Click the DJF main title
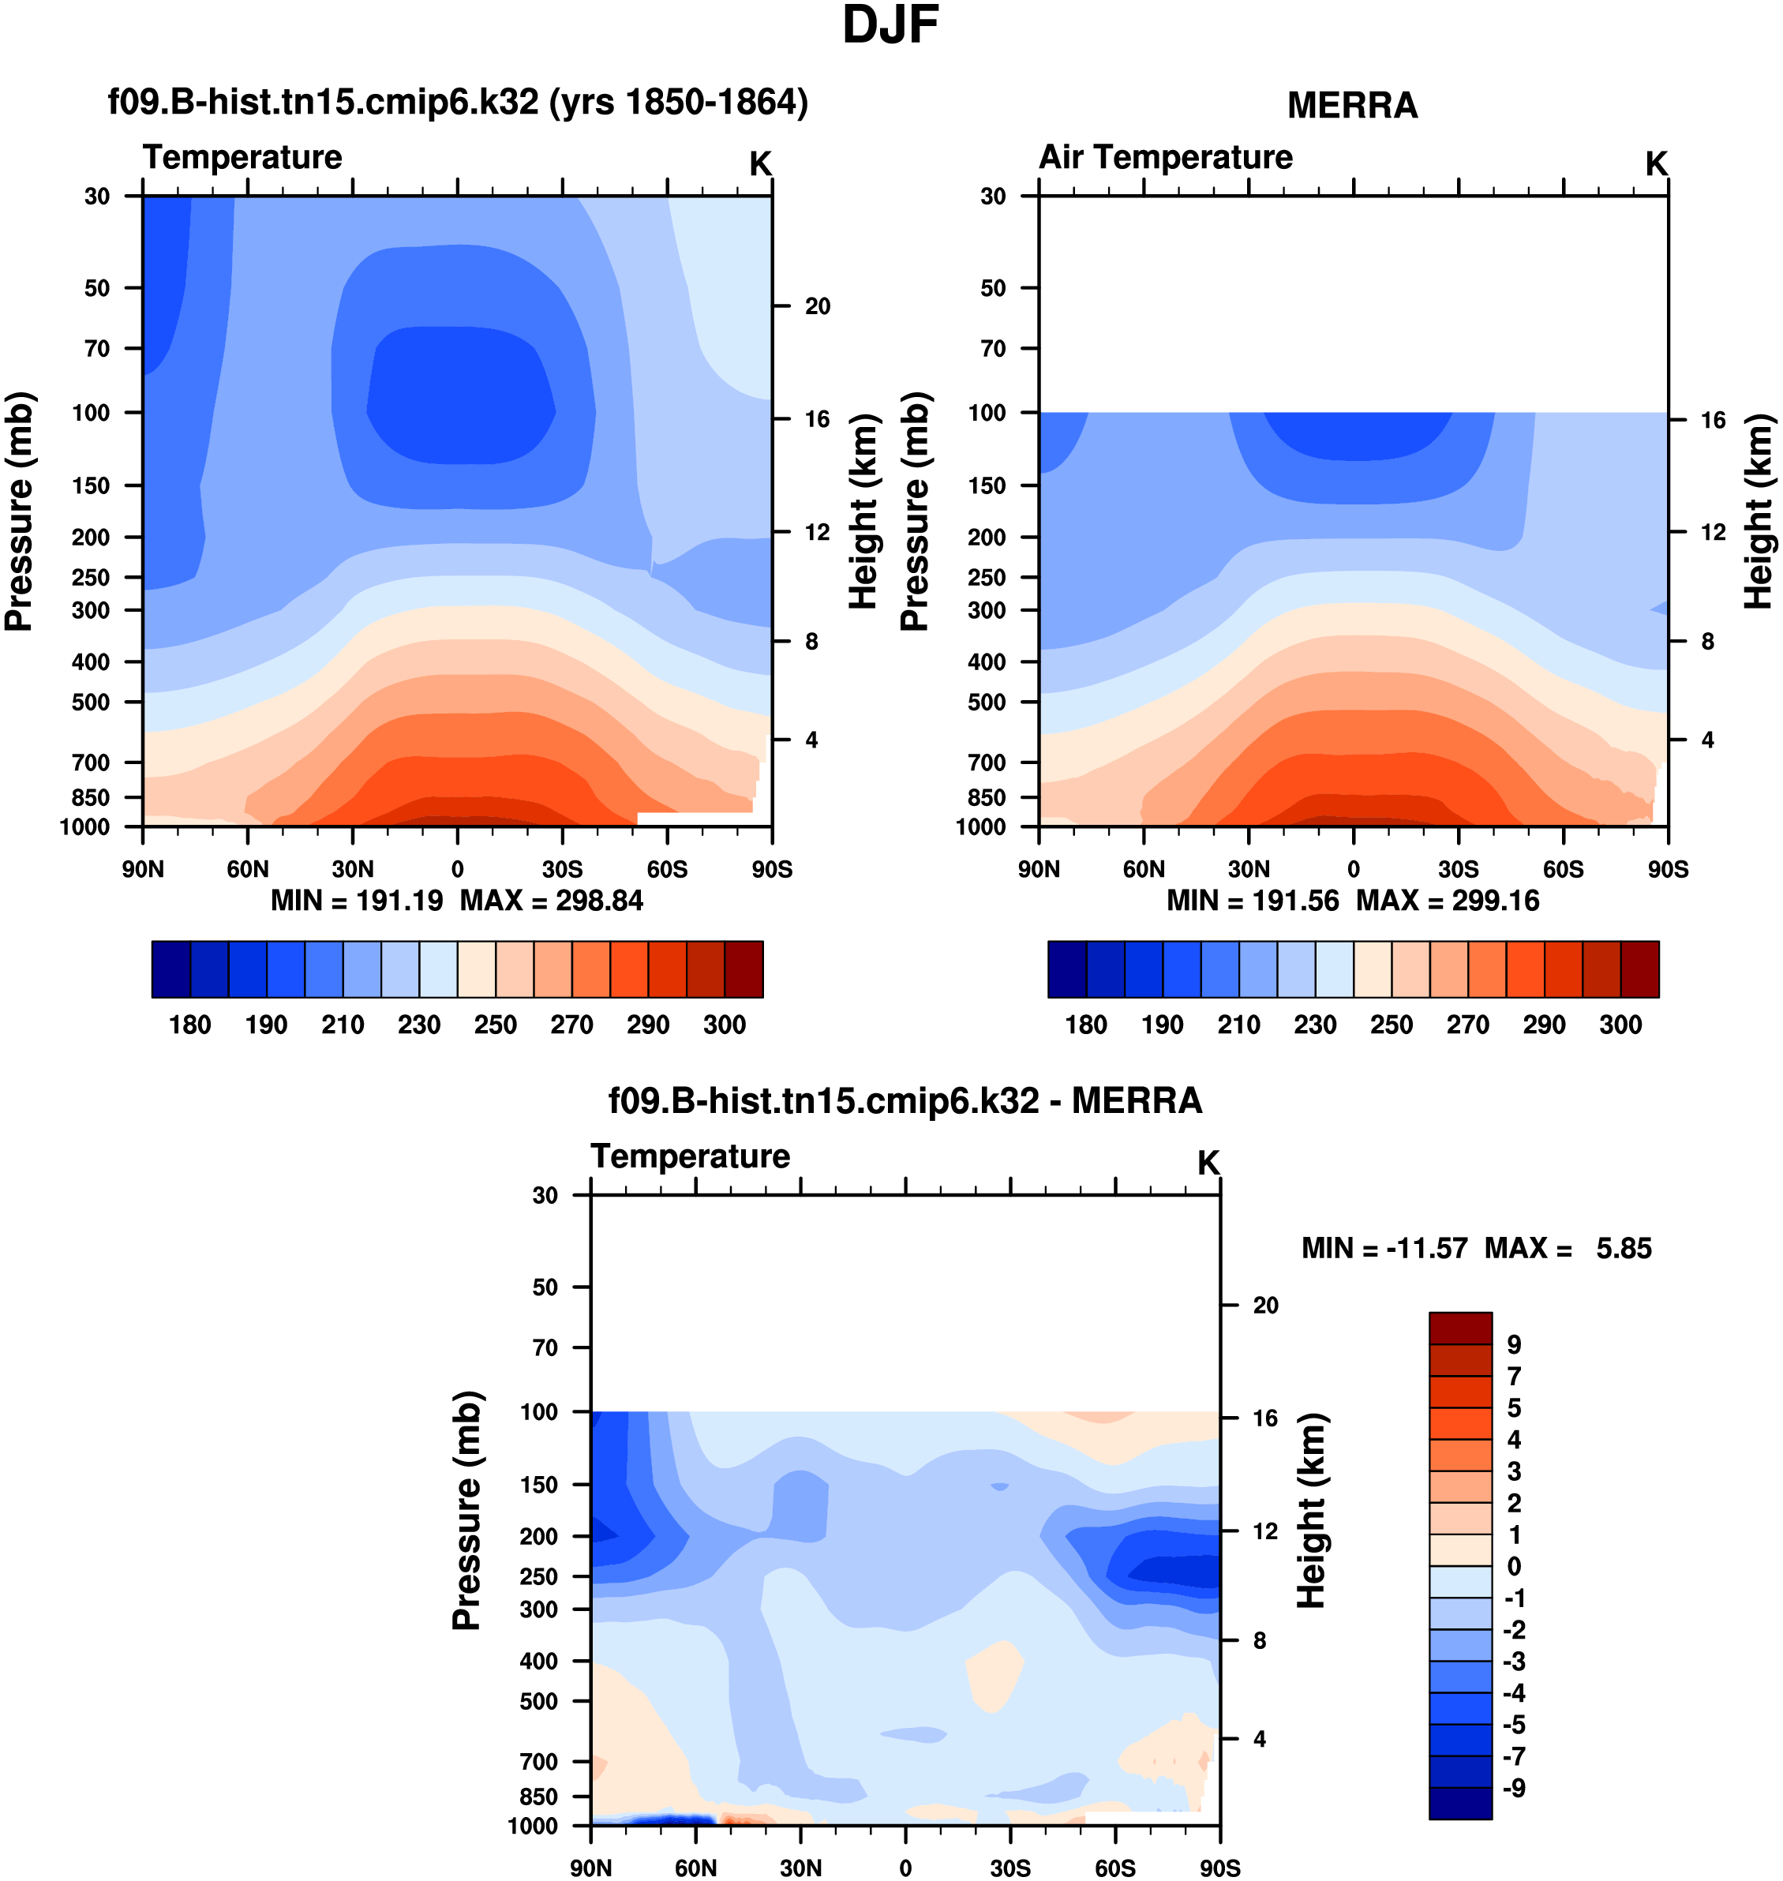point(890,26)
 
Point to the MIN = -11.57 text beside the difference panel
point(1384,1248)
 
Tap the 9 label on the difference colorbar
point(1514,1345)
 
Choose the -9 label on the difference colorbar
point(1514,1788)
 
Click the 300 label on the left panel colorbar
point(725,1025)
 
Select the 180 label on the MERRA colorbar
point(1085,1025)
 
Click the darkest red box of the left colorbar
point(744,969)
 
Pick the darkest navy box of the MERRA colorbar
point(1066,969)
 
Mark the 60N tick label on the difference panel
point(695,1868)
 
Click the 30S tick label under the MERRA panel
point(1458,870)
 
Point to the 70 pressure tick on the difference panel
point(545,1347)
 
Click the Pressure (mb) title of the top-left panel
point(19,511)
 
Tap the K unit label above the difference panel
point(1208,1163)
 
